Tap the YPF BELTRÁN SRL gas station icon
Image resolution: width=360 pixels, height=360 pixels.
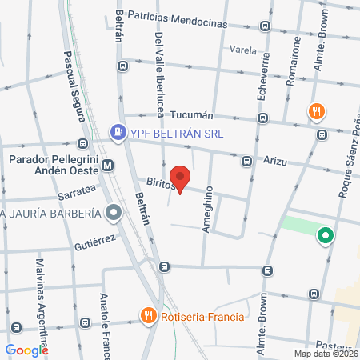[x=118, y=132]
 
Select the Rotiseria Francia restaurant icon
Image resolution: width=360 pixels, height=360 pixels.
[x=148, y=316]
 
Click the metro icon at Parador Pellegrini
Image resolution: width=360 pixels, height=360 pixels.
[x=109, y=166]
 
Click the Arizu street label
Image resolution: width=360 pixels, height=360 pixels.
[x=276, y=161]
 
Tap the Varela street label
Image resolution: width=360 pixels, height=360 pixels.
[x=242, y=49]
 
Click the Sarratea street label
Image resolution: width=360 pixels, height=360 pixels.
[x=76, y=192]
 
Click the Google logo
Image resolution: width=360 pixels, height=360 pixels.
[x=26, y=350]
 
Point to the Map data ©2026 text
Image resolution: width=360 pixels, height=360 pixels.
[x=325, y=354]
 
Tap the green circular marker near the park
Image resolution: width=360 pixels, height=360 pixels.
[x=325, y=236]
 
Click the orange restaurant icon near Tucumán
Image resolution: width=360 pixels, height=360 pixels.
[x=316, y=112]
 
